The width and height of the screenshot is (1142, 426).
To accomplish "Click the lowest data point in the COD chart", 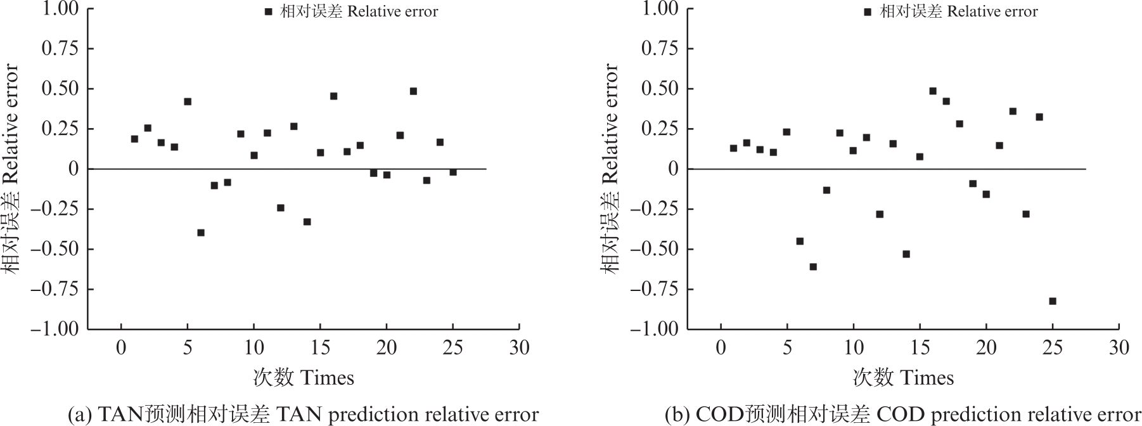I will click(x=1053, y=301).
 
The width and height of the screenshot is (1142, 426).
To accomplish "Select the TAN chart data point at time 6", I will click(x=201, y=233).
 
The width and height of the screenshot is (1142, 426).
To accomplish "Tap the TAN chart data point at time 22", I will click(x=413, y=91).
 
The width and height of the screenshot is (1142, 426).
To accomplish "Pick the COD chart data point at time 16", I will click(x=933, y=91).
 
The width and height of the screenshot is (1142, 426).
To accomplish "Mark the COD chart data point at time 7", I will click(x=813, y=267).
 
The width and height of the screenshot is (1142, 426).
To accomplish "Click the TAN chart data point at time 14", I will click(x=307, y=222).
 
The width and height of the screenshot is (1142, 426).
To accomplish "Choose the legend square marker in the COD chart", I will click(x=868, y=11).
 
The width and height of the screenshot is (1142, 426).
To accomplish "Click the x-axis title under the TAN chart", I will click(x=304, y=378).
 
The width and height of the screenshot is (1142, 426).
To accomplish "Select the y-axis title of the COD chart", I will click(x=610, y=169).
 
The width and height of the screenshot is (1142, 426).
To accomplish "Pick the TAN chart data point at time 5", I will click(x=188, y=101).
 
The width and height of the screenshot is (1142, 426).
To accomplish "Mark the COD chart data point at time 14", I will click(x=906, y=254).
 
